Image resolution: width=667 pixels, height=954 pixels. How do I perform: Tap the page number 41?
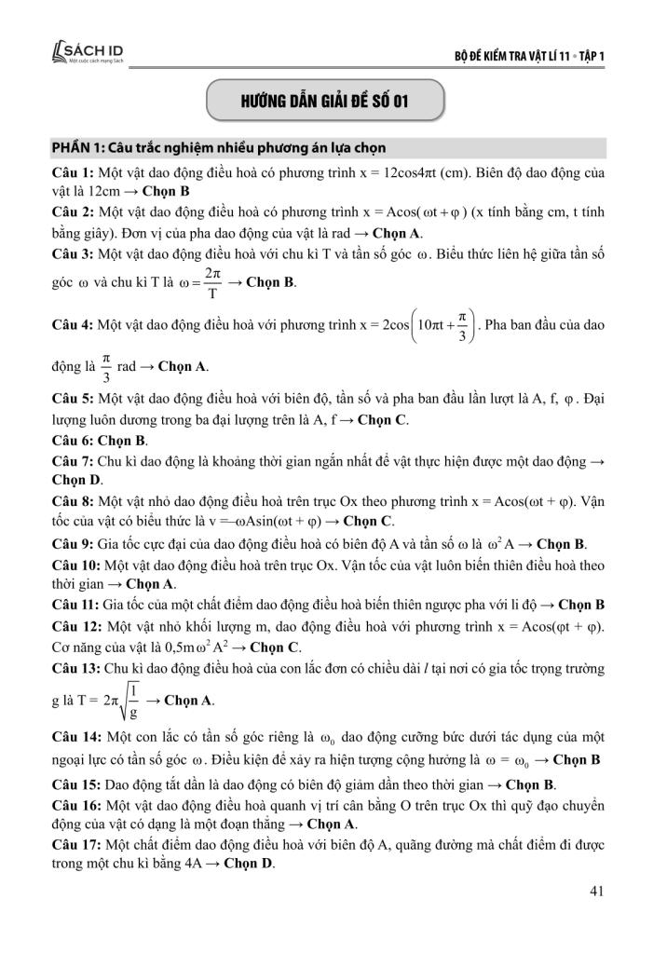coord(598,891)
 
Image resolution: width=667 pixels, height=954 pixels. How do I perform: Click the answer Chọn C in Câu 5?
coord(383,420)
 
